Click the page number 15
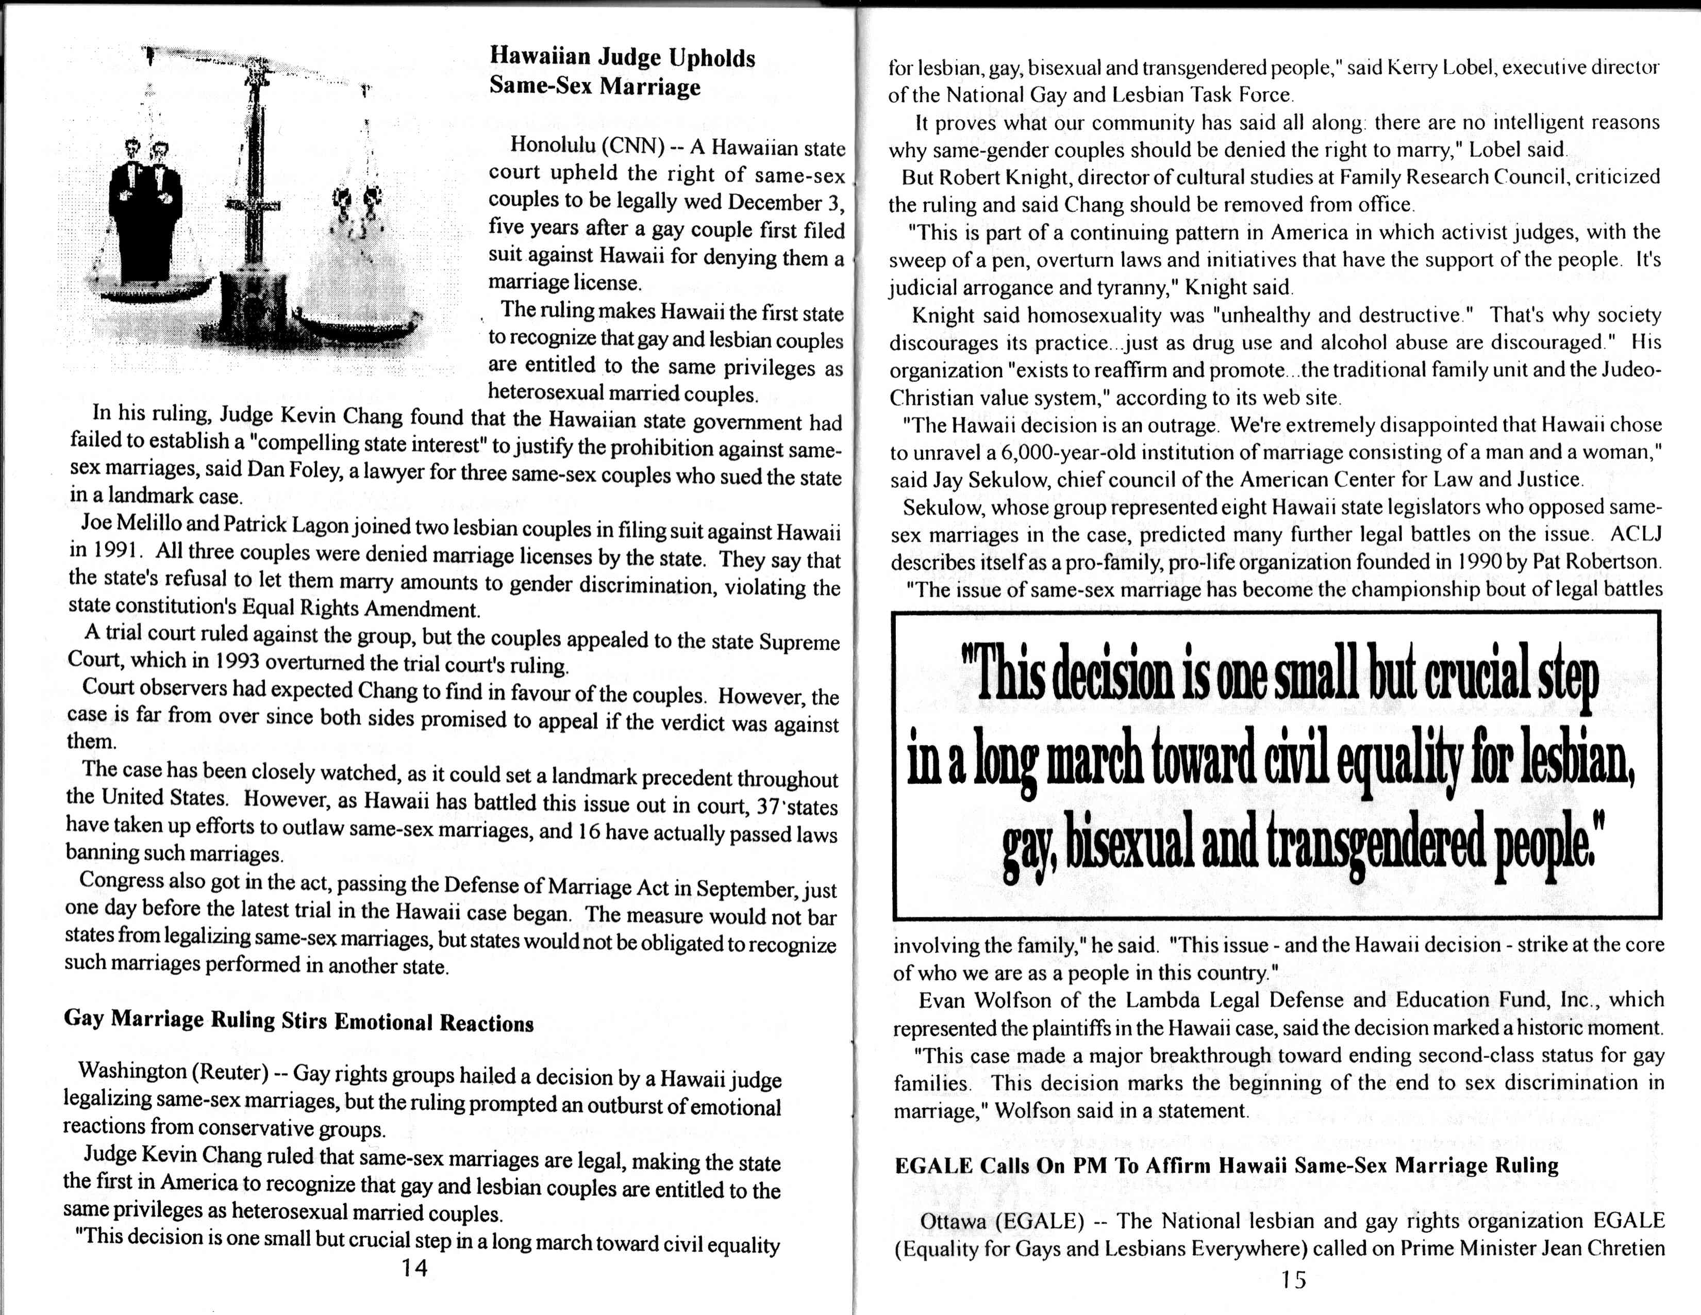tap(1292, 1280)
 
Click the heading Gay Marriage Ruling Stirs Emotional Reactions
tap(298, 1021)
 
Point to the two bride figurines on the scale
tap(355, 234)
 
